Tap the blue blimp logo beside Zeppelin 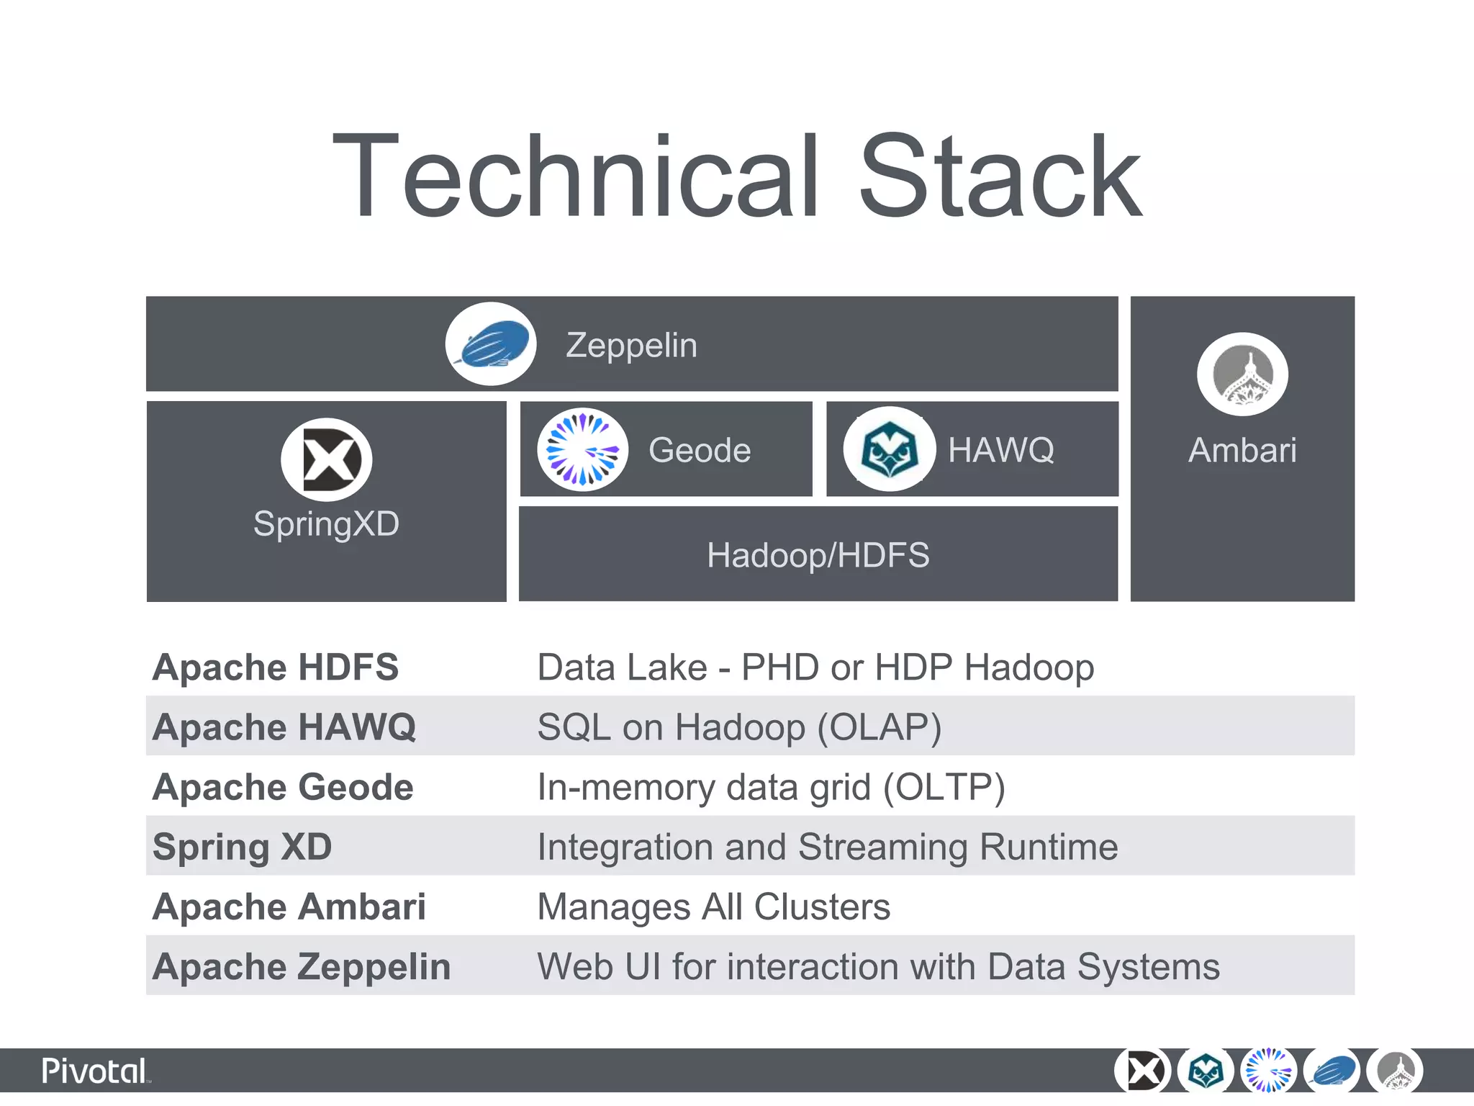coord(491,344)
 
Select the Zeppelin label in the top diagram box coord(631,346)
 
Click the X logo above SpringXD coord(327,459)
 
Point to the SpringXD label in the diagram coord(326,523)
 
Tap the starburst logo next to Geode coord(582,450)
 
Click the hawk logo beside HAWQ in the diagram coord(890,450)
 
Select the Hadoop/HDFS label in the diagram coord(818,555)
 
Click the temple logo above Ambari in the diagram coord(1242,374)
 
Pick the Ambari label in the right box coord(1242,451)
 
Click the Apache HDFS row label coord(276,667)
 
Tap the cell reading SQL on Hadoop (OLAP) coord(739,727)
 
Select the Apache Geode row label coord(283,787)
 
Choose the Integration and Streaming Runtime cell coord(828,847)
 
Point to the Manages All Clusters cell coord(714,907)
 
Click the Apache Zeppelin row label coord(302,967)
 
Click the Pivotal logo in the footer coord(95,1071)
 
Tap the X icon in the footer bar coord(1143,1071)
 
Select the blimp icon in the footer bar coord(1333,1071)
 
